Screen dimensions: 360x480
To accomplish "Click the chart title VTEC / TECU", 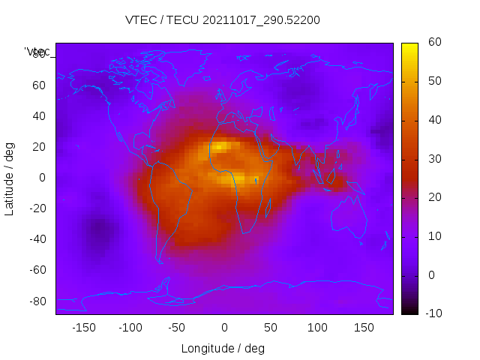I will coord(223,20).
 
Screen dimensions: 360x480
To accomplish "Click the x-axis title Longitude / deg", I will coord(223,349).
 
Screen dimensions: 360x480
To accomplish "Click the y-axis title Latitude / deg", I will coord(10,178).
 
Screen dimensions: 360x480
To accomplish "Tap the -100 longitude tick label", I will coord(130,328).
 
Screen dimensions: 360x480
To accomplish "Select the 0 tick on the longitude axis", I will coord(223,328).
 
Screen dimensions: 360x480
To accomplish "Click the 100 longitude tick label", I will coord(317,328).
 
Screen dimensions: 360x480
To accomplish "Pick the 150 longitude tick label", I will coord(364,328).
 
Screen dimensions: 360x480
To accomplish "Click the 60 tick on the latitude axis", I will coord(39,85).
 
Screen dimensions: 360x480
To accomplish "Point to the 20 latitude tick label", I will coord(39,147).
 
